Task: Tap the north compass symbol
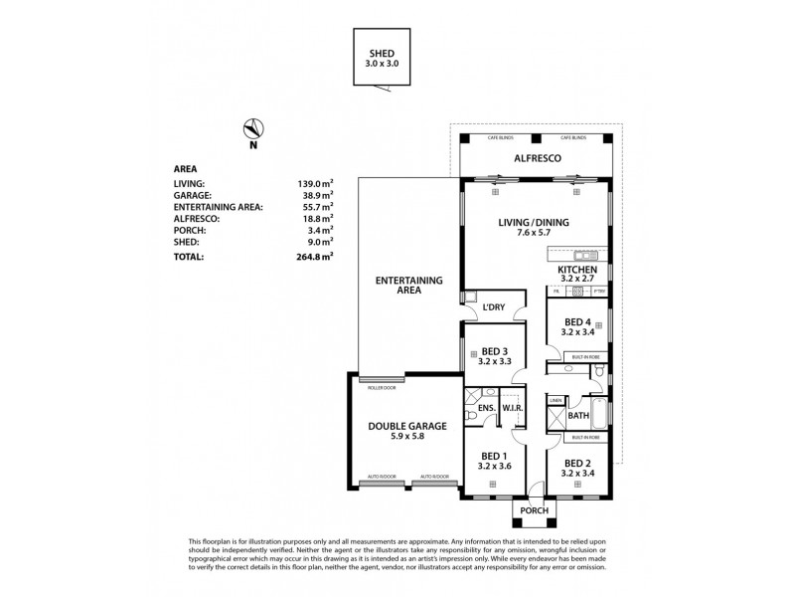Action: click(x=253, y=128)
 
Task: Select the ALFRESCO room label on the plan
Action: click(x=537, y=158)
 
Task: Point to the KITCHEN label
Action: click(x=576, y=270)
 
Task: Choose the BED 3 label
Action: click(x=495, y=351)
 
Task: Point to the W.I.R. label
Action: click(x=514, y=407)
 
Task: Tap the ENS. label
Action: click(x=486, y=407)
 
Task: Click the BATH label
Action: click(x=578, y=416)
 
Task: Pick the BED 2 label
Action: click(x=577, y=463)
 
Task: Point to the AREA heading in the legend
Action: click(x=184, y=169)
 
